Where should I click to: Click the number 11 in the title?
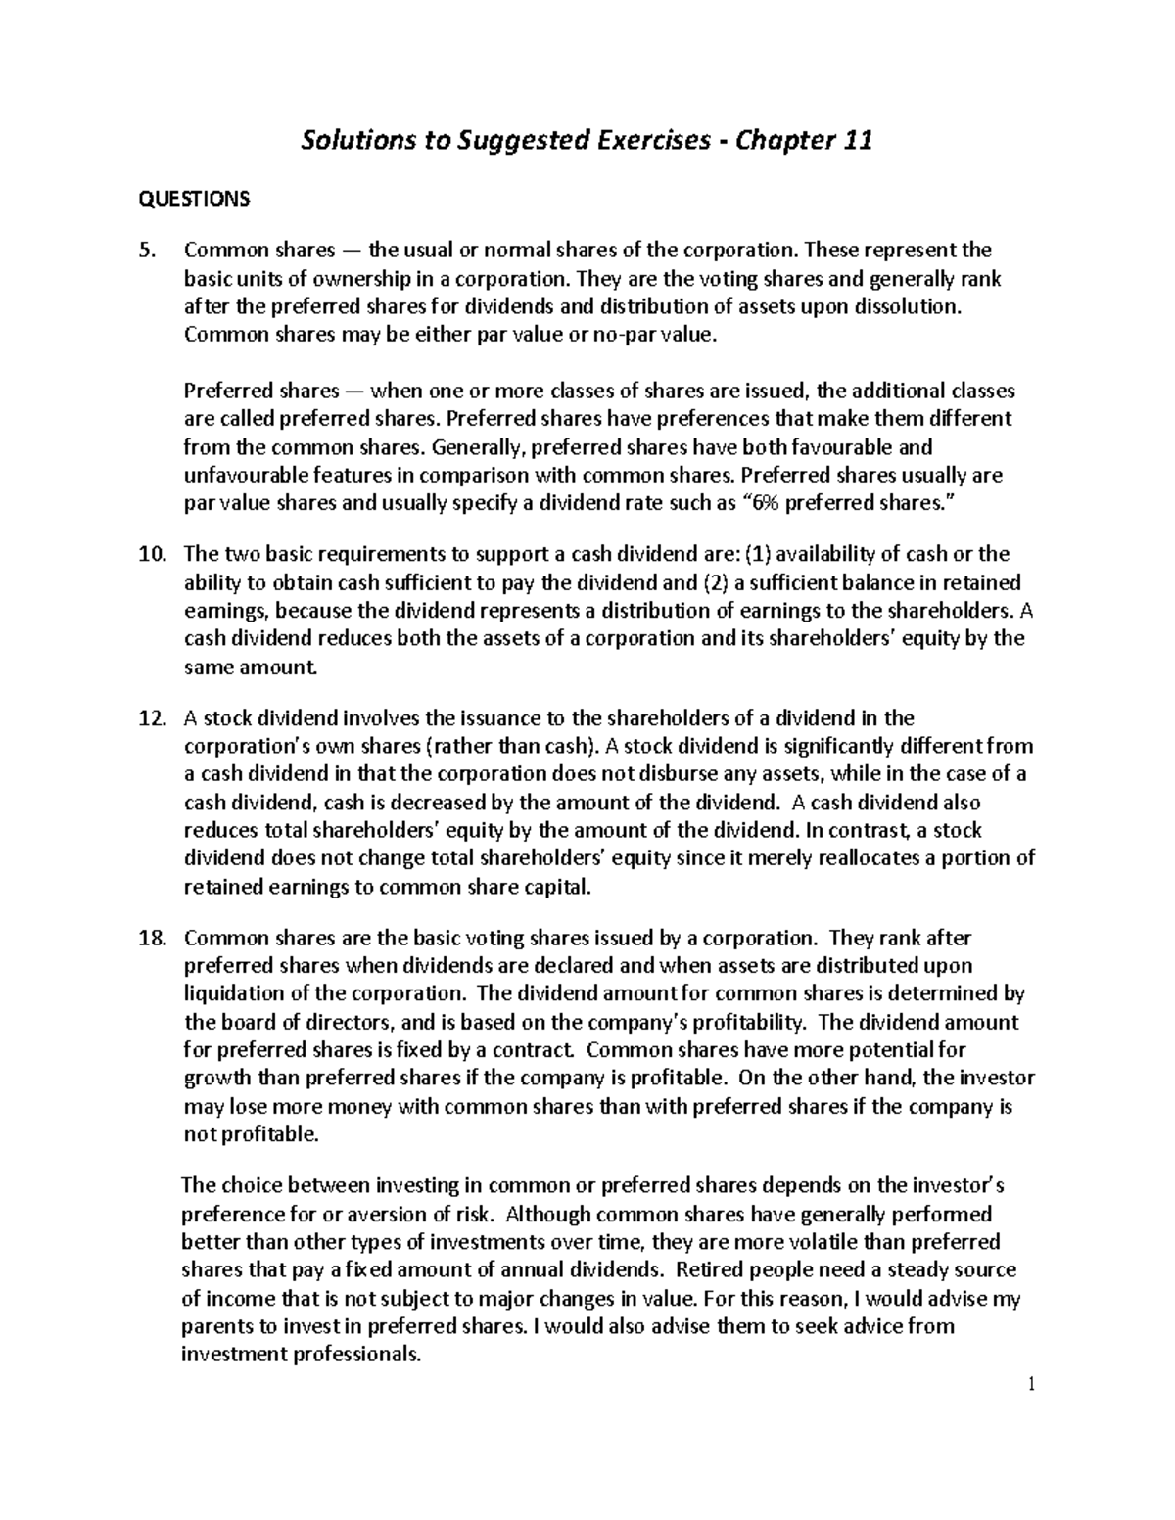click(x=855, y=142)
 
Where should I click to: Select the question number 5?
click(x=147, y=251)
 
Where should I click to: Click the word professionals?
click(x=351, y=1356)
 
